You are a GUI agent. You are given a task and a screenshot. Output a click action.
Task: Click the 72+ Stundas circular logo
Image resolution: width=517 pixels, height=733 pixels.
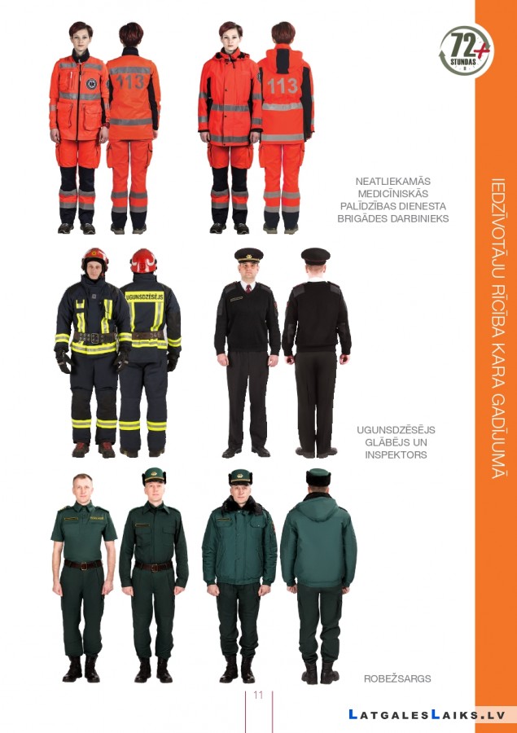click(466, 51)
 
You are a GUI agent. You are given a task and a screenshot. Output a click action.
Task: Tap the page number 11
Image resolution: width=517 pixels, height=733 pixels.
click(258, 696)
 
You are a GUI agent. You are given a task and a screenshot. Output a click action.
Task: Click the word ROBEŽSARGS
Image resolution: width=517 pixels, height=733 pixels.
click(397, 678)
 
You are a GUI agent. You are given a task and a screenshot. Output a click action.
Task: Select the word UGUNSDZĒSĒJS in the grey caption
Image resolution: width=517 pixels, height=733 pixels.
click(396, 429)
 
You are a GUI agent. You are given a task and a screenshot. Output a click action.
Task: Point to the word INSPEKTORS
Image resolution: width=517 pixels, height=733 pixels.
click(396, 454)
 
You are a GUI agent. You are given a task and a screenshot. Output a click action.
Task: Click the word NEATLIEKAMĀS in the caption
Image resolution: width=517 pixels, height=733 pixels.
click(392, 181)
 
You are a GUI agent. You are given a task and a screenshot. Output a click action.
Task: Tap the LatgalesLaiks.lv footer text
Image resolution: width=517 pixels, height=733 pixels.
click(427, 715)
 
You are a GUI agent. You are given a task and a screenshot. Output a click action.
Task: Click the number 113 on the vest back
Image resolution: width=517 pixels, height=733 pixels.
click(130, 81)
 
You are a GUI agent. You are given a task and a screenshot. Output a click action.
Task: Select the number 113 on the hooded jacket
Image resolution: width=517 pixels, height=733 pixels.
click(283, 86)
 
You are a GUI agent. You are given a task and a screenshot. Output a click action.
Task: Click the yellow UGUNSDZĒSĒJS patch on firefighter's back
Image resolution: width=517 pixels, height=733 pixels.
click(145, 296)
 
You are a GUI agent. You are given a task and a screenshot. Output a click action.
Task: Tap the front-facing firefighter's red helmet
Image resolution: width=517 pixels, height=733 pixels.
click(95, 258)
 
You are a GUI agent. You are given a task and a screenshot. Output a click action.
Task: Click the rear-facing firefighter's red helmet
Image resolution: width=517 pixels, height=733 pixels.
click(143, 261)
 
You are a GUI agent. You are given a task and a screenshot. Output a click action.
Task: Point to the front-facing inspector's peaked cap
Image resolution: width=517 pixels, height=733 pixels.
click(248, 255)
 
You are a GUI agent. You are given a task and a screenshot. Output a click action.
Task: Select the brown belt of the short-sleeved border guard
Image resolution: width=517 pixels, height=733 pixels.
click(83, 564)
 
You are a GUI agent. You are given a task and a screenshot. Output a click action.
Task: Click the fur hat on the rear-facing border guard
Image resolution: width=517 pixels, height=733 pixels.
click(318, 477)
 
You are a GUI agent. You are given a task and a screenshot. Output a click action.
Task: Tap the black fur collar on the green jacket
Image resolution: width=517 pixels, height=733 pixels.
click(242, 505)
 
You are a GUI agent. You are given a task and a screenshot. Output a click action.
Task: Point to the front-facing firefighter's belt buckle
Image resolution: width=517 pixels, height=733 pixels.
click(94, 338)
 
